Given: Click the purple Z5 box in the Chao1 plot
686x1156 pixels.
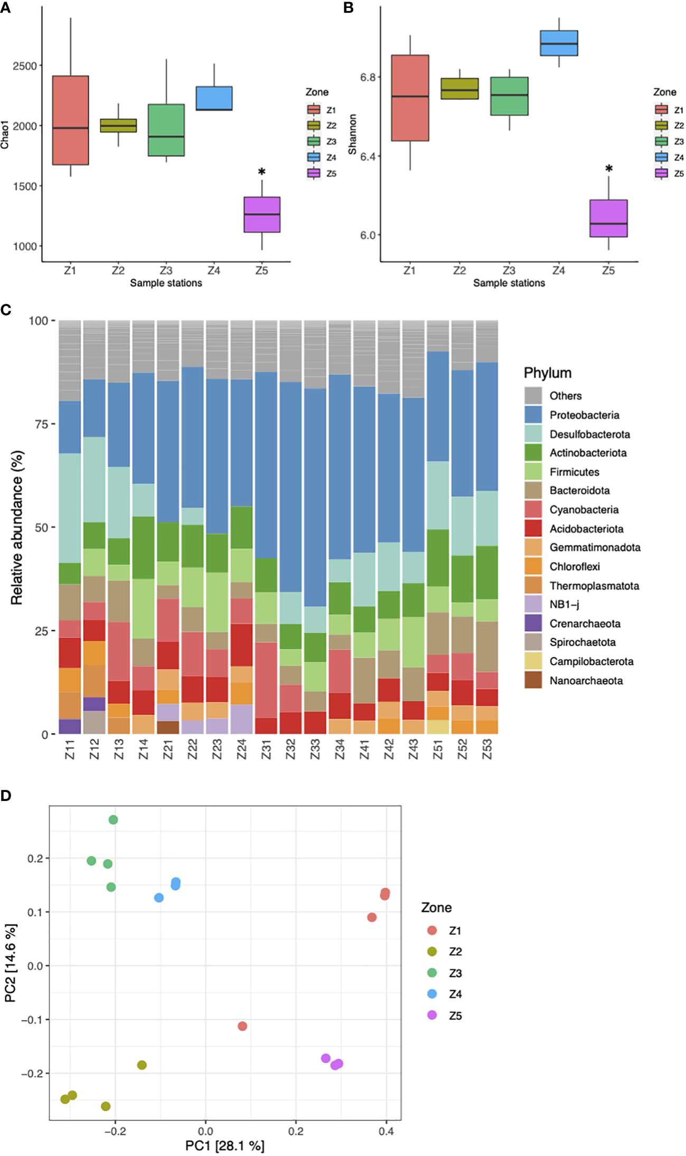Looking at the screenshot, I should point(262,215).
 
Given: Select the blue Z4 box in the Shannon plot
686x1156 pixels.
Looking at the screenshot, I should point(559,43).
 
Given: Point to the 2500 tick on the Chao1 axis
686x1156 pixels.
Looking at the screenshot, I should point(25,66).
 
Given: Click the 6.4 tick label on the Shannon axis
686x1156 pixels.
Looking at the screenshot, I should point(368,156).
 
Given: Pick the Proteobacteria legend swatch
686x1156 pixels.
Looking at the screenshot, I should point(533,415).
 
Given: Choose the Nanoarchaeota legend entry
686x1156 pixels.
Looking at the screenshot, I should point(586,680).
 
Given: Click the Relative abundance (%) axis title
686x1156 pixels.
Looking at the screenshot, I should point(17,527).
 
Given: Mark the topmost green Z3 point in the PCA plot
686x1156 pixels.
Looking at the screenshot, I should point(113,819).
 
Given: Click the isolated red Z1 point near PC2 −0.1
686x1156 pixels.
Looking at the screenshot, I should point(242,1026).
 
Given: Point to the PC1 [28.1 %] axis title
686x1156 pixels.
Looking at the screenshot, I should point(225,1145).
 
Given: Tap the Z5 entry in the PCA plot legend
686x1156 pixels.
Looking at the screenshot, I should point(455,1015).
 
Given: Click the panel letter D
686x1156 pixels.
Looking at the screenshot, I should point(6,796).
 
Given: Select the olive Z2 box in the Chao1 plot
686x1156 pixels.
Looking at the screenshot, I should point(118,125).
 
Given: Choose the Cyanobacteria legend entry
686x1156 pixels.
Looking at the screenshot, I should point(584,509).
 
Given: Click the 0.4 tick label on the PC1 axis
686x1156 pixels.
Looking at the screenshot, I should point(386,1131).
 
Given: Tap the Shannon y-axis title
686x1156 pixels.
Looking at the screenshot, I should point(352,134).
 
